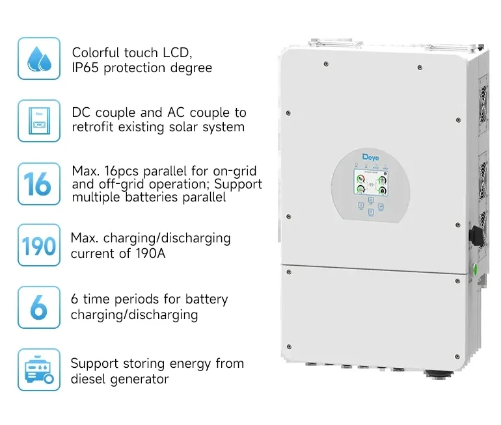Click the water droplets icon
(x=39, y=58)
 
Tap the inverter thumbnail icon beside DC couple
(x=39, y=120)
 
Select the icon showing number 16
(x=39, y=184)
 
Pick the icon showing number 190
(x=39, y=246)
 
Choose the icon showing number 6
(x=39, y=307)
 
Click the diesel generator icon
(x=39, y=370)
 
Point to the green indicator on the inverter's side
(x=475, y=268)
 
